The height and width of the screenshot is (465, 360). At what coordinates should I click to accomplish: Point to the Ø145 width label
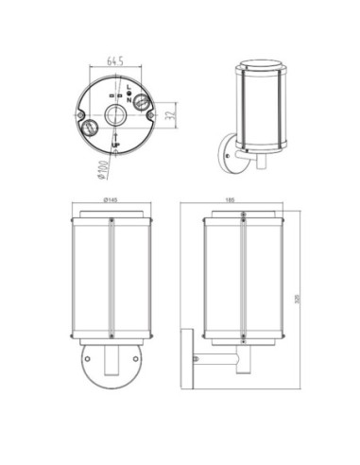(x=111, y=201)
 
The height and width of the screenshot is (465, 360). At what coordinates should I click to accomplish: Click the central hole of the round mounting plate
(x=114, y=114)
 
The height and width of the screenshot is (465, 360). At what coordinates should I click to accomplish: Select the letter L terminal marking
(x=129, y=85)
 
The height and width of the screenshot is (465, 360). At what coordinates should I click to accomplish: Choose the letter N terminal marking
(x=129, y=99)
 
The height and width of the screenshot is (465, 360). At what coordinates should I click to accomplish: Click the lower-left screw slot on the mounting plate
(x=91, y=124)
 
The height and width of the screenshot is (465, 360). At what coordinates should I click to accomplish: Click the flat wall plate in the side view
(x=187, y=360)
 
